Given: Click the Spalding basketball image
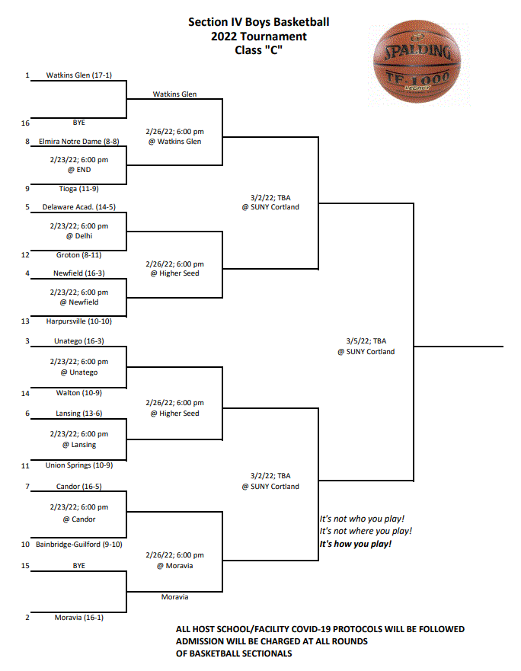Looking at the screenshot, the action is (417, 61).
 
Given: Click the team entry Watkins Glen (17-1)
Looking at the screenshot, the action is (79, 75).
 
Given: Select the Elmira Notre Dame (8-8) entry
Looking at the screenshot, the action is (79, 142).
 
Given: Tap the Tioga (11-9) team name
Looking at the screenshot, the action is (79, 189).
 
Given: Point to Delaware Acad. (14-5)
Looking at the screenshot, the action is (79, 207).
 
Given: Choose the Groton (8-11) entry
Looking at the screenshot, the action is (79, 255).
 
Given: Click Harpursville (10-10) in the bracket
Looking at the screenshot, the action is (79, 321).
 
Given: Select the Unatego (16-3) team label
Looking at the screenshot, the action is (79, 341).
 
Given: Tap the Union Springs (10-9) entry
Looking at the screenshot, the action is (79, 465).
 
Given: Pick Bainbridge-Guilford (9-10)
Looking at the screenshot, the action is (79, 545).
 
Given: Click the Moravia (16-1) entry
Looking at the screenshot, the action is (79, 618).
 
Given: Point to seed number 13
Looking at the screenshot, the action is (25, 321).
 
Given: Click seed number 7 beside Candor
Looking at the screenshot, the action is (27, 487).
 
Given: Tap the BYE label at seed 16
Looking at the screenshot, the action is (79, 123).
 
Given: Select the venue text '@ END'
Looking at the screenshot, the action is (79, 170).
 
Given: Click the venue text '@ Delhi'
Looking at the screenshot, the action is (79, 236).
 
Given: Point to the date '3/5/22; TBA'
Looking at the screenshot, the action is (366, 341).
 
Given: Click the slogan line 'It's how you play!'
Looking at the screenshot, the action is (355, 544).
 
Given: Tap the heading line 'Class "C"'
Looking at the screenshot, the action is (258, 50).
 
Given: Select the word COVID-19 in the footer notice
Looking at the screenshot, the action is (310, 629).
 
